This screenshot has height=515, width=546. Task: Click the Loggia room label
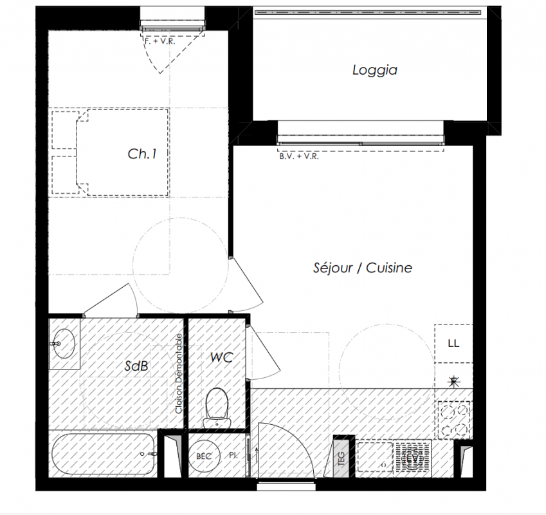click(x=375, y=70)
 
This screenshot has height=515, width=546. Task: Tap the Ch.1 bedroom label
click(x=142, y=154)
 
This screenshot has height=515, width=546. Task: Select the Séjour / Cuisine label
click(x=363, y=268)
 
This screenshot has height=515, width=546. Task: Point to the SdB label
click(x=136, y=366)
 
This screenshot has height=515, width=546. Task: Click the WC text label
click(x=222, y=357)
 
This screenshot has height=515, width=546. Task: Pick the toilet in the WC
click(x=217, y=407)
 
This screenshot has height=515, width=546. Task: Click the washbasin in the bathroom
click(x=64, y=344)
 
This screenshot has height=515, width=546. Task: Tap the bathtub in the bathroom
click(x=104, y=454)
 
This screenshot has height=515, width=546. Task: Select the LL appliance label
click(x=453, y=344)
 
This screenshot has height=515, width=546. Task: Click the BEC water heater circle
click(x=204, y=456)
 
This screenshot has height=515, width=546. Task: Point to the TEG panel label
click(x=341, y=459)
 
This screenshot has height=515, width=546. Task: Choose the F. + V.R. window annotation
click(x=160, y=41)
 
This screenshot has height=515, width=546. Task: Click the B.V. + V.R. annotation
click(x=299, y=156)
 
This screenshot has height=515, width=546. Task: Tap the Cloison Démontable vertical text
click(x=179, y=373)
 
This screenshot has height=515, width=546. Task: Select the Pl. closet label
click(x=233, y=455)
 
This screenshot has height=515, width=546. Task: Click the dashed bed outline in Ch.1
click(x=122, y=153)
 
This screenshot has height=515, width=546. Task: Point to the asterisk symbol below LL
click(x=453, y=382)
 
